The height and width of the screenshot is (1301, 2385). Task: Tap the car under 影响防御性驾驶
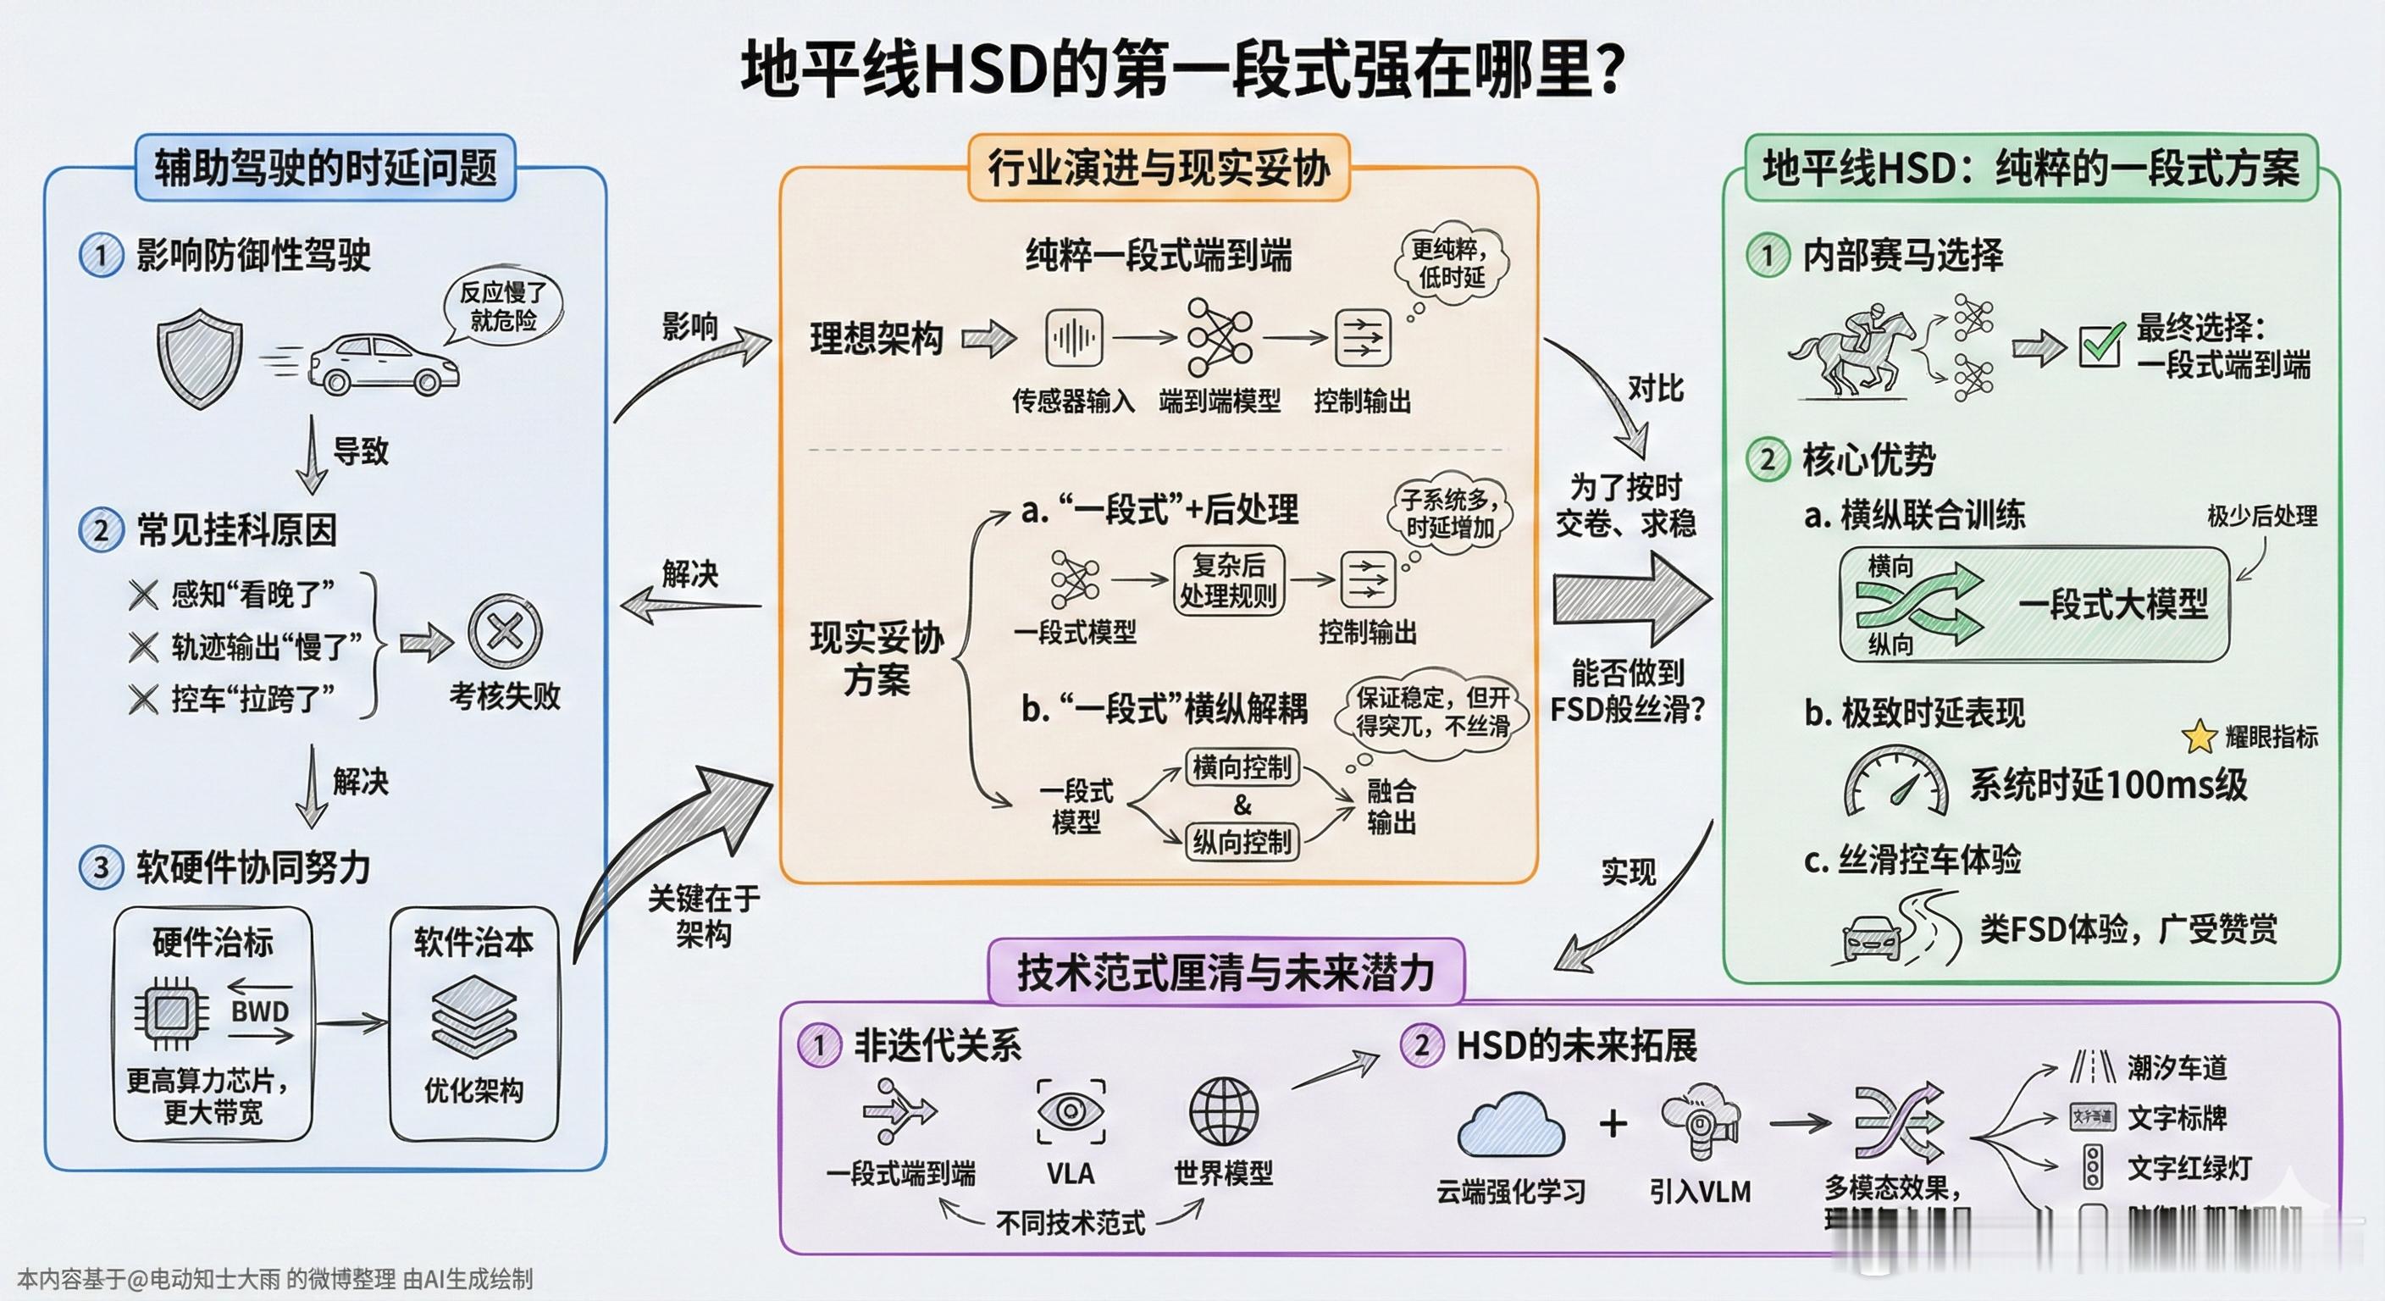point(382,365)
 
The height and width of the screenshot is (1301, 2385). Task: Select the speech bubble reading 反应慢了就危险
point(503,307)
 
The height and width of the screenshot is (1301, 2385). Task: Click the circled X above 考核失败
point(504,634)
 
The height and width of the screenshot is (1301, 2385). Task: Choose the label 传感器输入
point(1073,401)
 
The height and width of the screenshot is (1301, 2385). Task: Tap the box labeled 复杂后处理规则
point(1228,580)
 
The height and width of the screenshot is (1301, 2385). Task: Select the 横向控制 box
point(1242,767)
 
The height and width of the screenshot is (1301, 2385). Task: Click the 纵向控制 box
point(1242,843)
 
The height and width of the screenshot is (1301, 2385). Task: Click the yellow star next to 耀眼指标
point(2199,737)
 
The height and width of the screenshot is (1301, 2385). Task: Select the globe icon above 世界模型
point(1223,1111)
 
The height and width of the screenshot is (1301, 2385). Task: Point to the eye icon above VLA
point(1071,1111)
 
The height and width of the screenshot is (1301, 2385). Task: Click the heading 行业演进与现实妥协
point(1159,169)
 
